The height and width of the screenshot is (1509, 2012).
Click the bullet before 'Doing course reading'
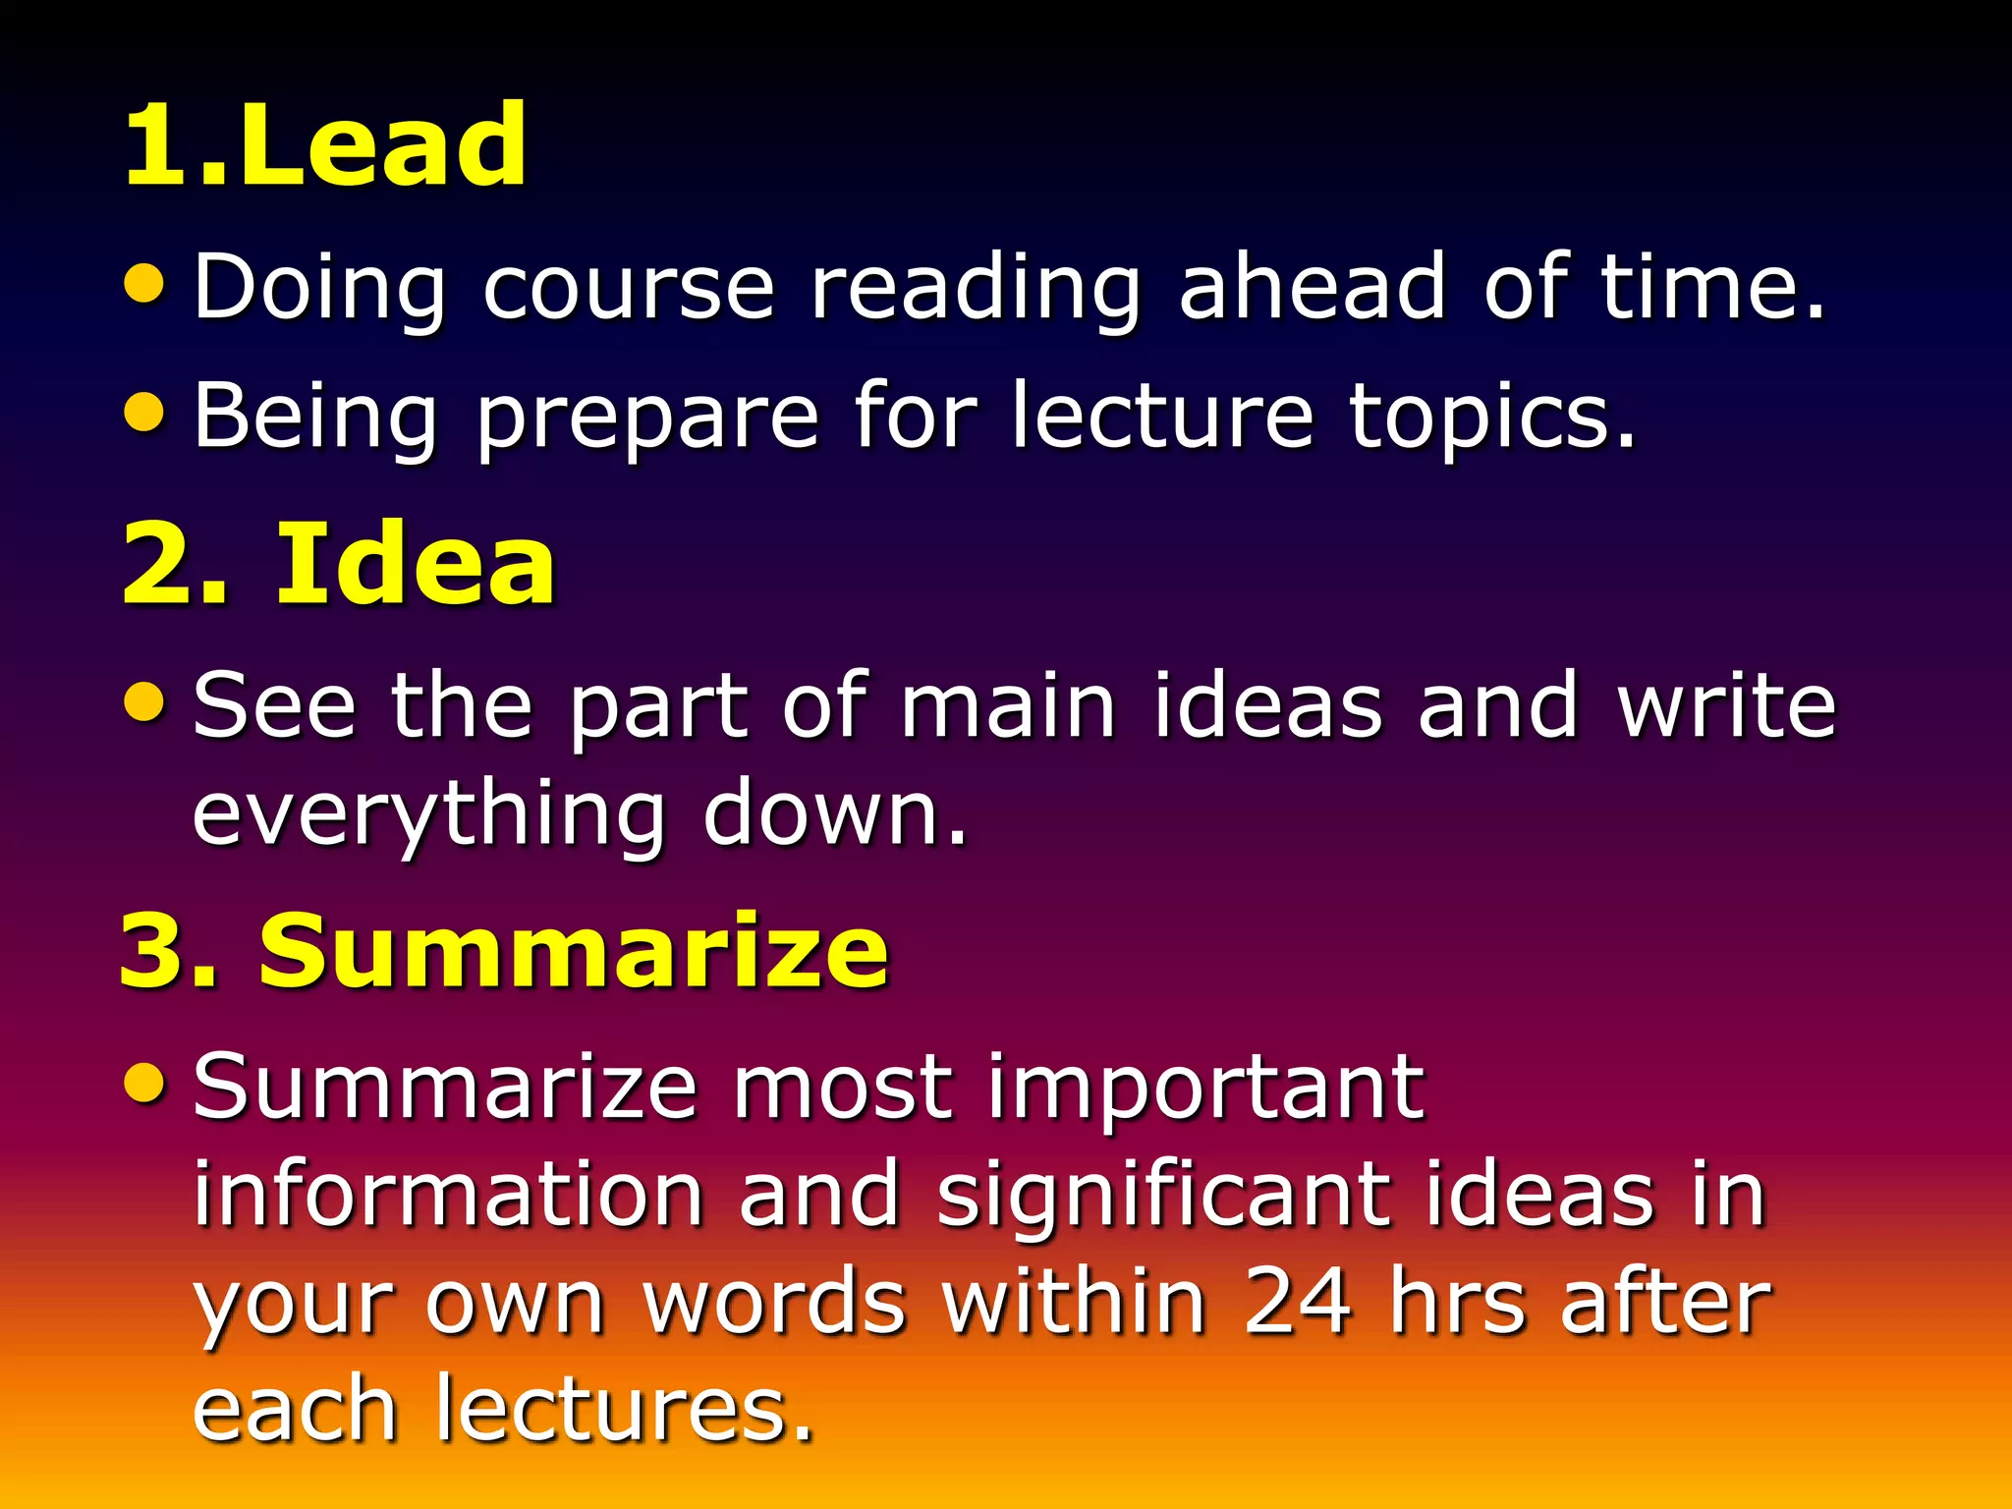click(145, 284)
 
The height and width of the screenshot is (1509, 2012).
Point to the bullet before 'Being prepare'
click(145, 412)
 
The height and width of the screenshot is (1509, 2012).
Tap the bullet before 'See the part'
click(145, 701)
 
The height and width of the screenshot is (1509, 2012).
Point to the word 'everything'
click(428, 815)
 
